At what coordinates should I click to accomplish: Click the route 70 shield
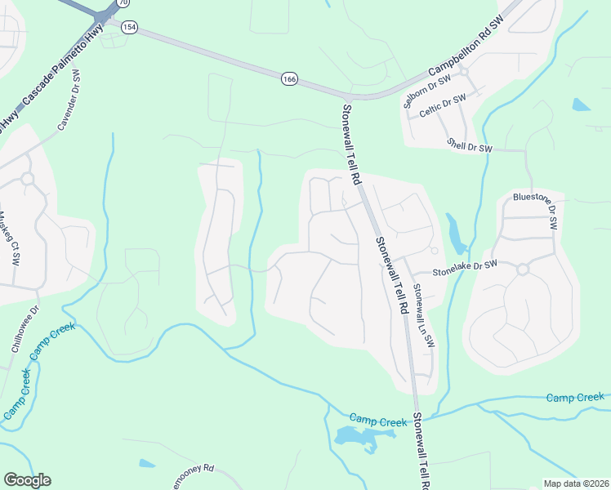pos(123,3)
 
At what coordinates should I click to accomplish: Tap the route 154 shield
pos(128,27)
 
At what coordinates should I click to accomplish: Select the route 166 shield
pos(288,78)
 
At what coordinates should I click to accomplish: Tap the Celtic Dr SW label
pos(442,108)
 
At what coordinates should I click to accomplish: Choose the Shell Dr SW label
pos(470,145)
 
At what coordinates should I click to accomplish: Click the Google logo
pos(27,480)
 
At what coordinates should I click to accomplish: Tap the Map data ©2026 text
pos(576,483)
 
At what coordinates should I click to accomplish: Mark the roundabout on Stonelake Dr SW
pos(523,268)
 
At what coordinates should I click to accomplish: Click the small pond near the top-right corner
pos(581,105)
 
